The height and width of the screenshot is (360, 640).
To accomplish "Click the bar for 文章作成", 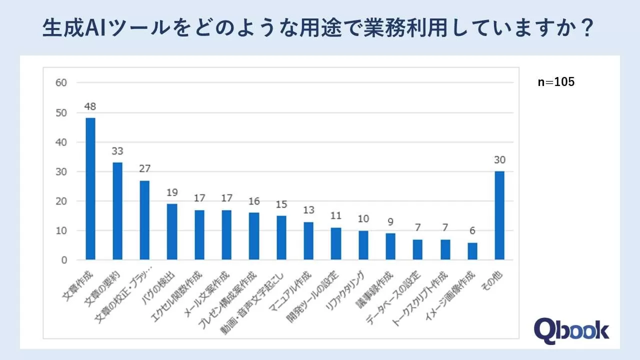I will [x=90, y=189].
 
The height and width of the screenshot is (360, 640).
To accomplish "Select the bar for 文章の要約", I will [x=117, y=211].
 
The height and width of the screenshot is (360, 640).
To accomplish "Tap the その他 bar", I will [x=499, y=215].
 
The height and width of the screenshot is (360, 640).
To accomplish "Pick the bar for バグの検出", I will [x=172, y=232].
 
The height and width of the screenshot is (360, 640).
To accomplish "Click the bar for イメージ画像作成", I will [x=472, y=251].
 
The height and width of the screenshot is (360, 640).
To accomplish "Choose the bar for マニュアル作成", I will [x=308, y=241].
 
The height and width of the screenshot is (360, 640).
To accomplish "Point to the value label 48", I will [x=90, y=106].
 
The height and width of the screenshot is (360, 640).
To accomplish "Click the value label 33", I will [x=117, y=151].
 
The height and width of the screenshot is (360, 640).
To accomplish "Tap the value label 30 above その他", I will [x=499, y=160].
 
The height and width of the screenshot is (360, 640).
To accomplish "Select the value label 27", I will [x=145, y=169].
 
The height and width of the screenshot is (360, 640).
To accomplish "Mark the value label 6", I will [x=472, y=231].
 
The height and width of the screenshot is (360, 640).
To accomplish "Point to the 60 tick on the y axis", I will [x=61, y=83].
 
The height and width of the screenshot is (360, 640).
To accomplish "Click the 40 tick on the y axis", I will [x=61, y=142].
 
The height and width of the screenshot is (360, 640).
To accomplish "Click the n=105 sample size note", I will [x=556, y=82].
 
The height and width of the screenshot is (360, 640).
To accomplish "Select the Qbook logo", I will [x=571, y=330].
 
